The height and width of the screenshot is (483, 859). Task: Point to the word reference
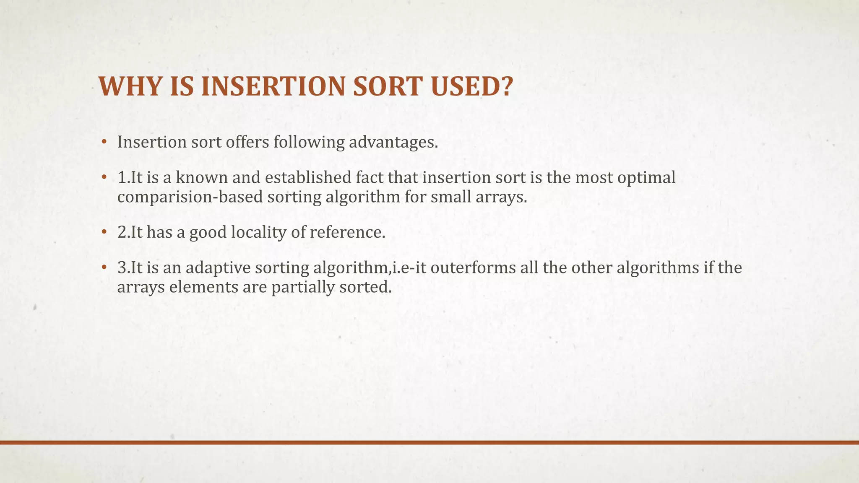[x=347, y=232]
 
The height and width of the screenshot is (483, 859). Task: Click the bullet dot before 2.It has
[x=104, y=232]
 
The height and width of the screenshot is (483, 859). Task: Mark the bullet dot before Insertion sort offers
[x=104, y=142]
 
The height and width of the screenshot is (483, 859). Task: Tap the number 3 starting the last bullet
[x=122, y=268]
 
